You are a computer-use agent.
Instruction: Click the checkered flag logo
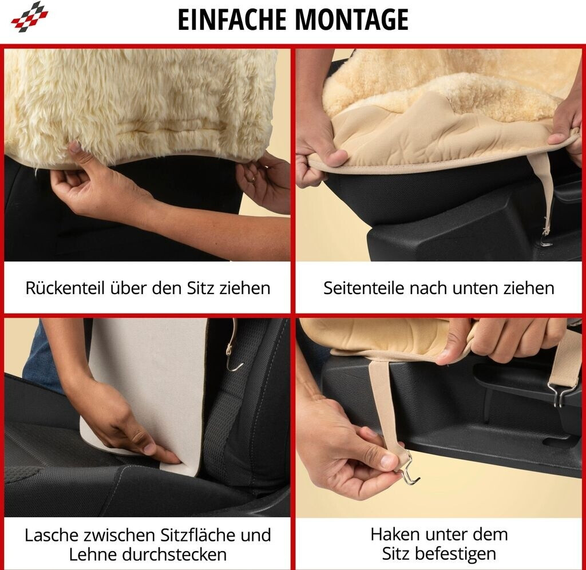[x=30, y=17]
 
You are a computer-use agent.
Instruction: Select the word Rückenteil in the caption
[x=65, y=288]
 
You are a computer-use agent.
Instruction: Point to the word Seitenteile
[x=363, y=288]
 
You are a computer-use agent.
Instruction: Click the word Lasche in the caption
[x=51, y=535]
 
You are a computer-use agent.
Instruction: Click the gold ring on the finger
[x=254, y=179]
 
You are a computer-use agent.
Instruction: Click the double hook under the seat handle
[x=558, y=395]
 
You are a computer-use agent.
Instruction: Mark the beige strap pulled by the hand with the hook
[x=381, y=403]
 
